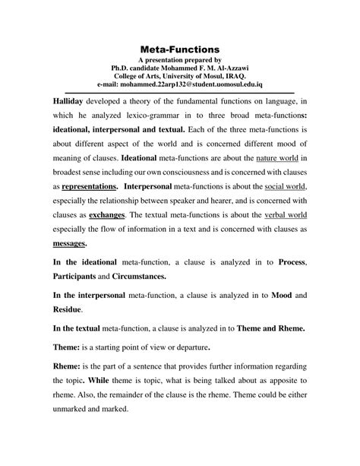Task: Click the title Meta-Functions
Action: click(180, 48)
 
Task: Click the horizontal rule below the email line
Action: click(180, 92)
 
